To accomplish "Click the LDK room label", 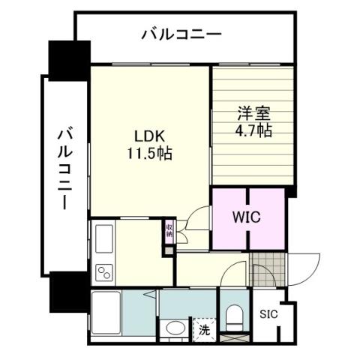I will point(151,138).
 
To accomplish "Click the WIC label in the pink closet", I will point(246,218).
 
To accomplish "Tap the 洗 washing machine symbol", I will point(204,328).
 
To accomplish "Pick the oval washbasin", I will point(177,329).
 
